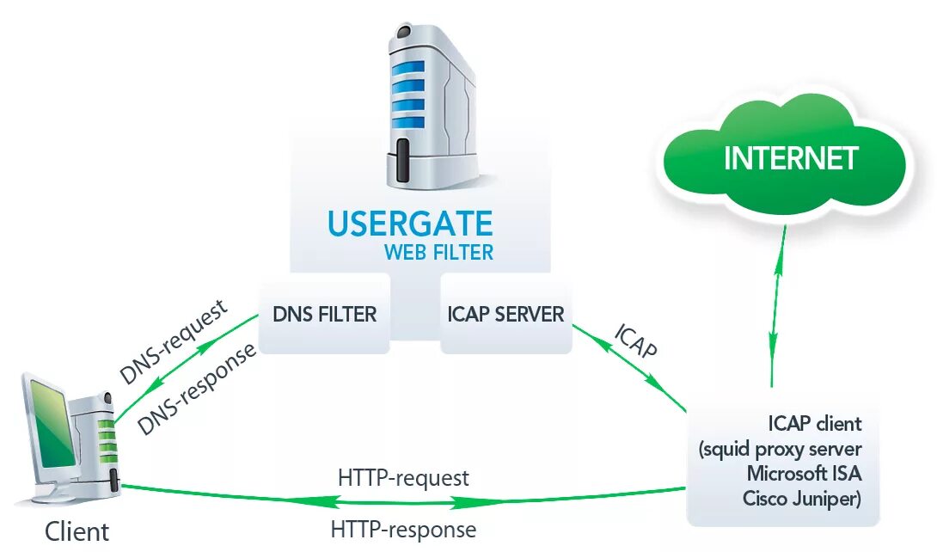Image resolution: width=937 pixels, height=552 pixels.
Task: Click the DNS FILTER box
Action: tap(324, 314)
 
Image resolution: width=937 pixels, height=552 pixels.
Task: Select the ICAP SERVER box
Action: tap(505, 314)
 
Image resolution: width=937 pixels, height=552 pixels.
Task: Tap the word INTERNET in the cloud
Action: tap(791, 158)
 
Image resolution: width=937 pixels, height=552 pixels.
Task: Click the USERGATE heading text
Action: tap(410, 224)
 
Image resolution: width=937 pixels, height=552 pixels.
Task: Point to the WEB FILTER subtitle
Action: tap(438, 252)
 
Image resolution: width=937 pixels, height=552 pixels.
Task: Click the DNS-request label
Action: tap(175, 341)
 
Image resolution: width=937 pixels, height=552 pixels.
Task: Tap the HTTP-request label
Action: tap(403, 477)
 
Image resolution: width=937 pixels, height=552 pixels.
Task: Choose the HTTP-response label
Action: tap(403, 529)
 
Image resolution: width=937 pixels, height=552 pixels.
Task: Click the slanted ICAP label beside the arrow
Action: tap(636, 341)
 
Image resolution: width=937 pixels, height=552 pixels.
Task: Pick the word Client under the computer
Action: tap(77, 531)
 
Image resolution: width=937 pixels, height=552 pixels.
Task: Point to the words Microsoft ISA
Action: tap(804, 474)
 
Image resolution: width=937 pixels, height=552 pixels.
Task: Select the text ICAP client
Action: tap(815, 424)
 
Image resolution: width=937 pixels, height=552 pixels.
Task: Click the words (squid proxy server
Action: tap(781, 449)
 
